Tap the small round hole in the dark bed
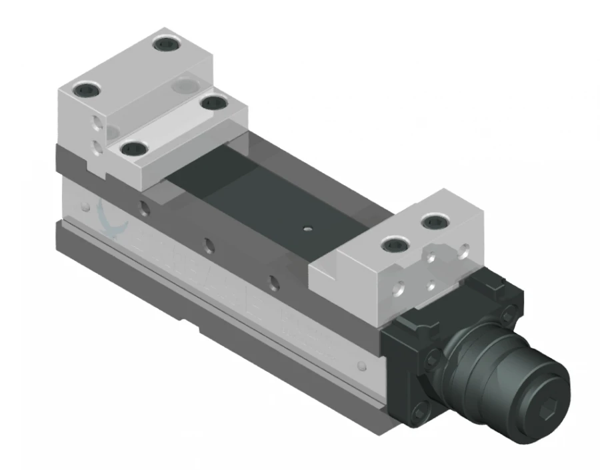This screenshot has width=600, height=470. (x=307, y=228)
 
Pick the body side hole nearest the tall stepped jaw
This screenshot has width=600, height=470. (x=144, y=209)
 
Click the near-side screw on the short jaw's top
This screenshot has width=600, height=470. (x=394, y=246)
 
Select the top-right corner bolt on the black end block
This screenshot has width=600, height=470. (x=510, y=312)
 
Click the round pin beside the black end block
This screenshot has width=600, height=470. (x=361, y=365)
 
